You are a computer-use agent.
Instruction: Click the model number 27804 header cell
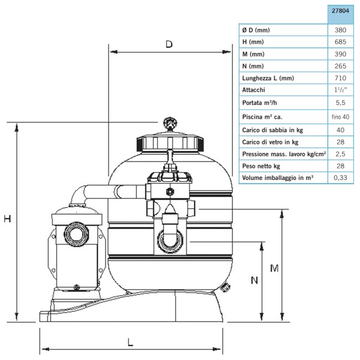(x=340, y=11)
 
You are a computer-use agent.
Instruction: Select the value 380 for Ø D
(x=340, y=30)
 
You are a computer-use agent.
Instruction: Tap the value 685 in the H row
(x=340, y=42)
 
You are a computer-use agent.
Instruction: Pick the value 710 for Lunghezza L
(x=340, y=78)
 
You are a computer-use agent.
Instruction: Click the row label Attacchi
(x=253, y=90)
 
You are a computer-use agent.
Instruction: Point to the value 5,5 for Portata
(x=340, y=103)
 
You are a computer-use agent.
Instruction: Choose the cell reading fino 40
(x=340, y=117)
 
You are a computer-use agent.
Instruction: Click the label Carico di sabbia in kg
(x=272, y=130)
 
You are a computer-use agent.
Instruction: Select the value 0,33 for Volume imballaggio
(x=340, y=178)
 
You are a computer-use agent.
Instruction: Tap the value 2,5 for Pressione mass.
(x=340, y=154)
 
